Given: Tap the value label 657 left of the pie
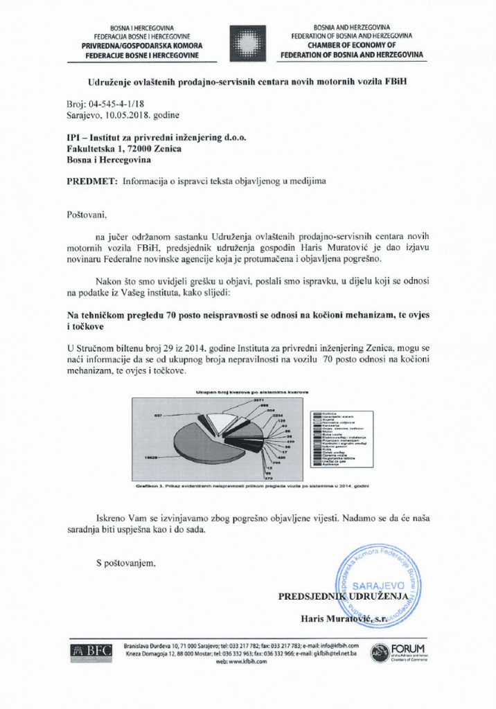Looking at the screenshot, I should click(158, 415).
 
